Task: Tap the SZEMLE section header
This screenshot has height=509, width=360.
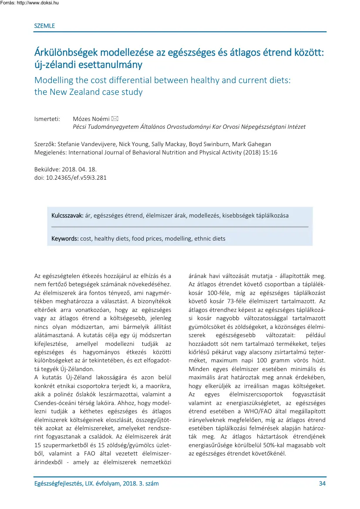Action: click(x=44, y=26)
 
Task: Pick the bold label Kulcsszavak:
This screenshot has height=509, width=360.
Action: click(x=67, y=215)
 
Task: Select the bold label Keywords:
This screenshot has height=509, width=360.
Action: click(x=65, y=239)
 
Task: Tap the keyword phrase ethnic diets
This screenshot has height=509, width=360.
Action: click(x=210, y=239)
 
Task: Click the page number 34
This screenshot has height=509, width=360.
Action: click(x=322, y=483)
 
